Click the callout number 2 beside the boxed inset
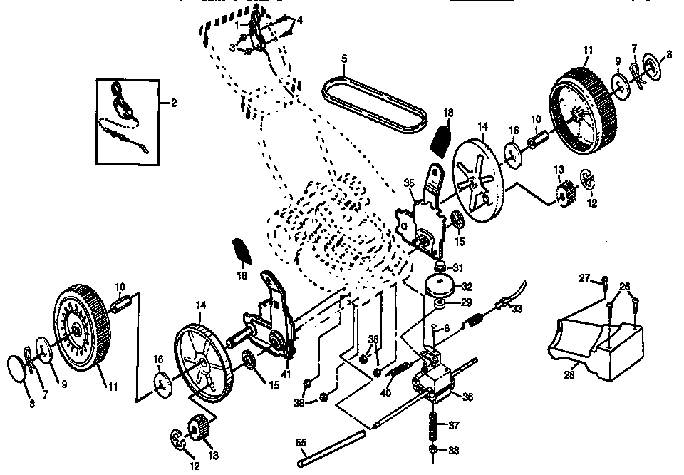173,103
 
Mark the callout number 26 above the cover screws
623,287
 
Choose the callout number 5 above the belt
343,58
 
